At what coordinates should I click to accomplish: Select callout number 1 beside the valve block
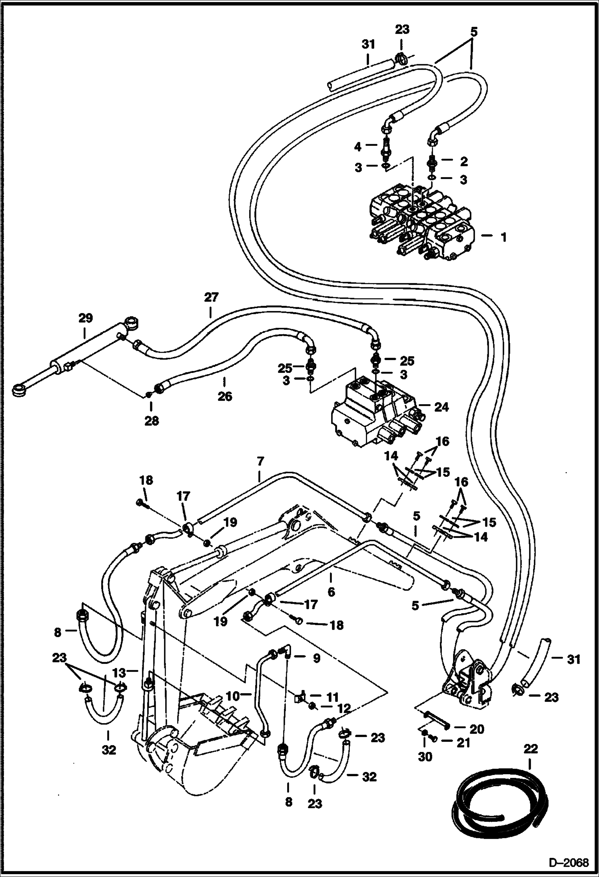(x=503, y=237)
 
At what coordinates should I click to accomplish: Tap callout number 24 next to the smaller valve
(x=441, y=407)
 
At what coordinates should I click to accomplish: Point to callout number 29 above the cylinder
(x=85, y=318)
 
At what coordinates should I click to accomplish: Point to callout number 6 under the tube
(x=331, y=592)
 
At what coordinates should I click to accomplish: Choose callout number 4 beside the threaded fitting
(x=358, y=147)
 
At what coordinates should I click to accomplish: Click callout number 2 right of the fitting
(x=463, y=161)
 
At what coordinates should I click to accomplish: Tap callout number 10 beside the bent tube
(x=233, y=696)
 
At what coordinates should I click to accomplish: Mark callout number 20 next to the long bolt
(x=477, y=729)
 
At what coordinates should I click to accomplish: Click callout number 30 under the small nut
(x=425, y=757)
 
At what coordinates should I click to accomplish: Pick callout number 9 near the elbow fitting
(x=316, y=658)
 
